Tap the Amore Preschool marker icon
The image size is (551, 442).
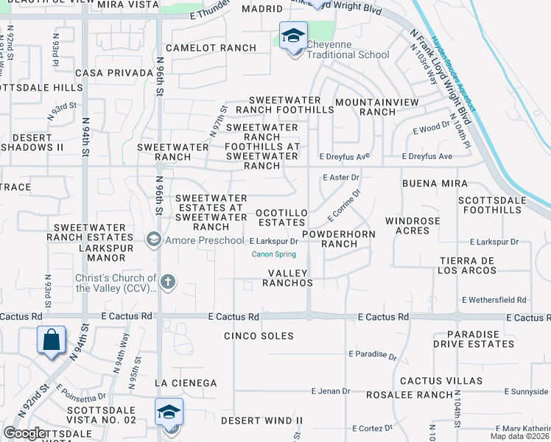(x=153, y=239)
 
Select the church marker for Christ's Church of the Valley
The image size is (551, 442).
(x=168, y=281)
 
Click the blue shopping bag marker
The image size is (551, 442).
(x=51, y=340)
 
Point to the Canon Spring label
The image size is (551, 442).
(x=274, y=255)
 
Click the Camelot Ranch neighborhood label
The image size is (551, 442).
(x=211, y=48)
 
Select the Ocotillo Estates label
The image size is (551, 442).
(x=281, y=212)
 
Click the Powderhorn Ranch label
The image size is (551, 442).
(x=340, y=239)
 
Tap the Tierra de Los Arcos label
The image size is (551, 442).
(x=468, y=266)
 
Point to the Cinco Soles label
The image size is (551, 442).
(x=259, y=336)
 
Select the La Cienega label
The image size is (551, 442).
(x=186, y=383)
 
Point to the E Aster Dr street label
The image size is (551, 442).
(x=341, y=178)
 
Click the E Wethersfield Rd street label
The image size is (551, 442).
(x=494, y=300)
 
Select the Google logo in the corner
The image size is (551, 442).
(x=26, y=433)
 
